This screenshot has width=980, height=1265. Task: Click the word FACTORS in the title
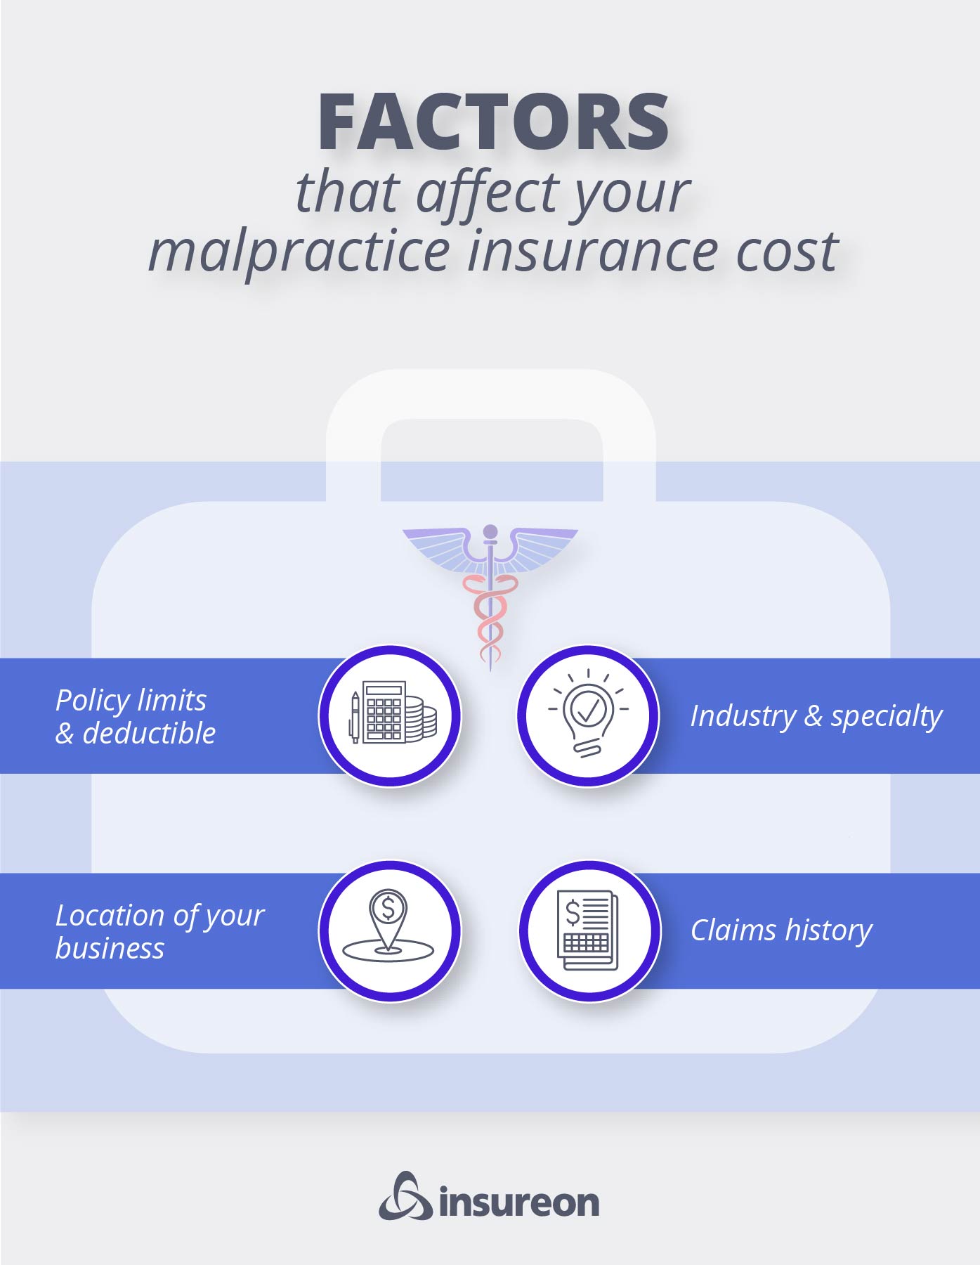coord(493,122)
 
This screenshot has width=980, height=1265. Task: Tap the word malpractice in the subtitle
coord(299,252)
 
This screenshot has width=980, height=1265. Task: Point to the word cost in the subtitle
coord(787,252)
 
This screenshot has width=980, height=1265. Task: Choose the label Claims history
coord(780,930)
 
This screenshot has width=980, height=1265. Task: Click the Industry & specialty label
coord(816,716)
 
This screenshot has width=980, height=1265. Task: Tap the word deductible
coord(149,734)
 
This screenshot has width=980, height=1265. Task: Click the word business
coord(110,949)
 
